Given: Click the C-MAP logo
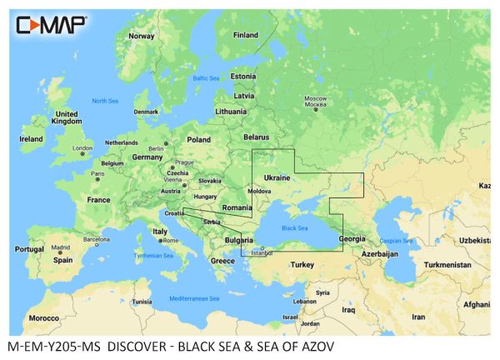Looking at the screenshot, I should click(x=51, y=24).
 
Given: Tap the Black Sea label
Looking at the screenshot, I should click(x=293, y=227).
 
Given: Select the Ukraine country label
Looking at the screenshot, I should click(x=277, y=177).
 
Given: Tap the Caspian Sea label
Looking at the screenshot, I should click(x=397, y=241).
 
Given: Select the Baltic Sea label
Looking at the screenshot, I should click(x=205, y=78).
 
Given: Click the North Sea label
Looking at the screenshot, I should click(x=105, y=101).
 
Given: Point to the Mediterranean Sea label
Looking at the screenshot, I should click(x=193, y=297).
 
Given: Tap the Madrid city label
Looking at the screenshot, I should click(x=60, y=247).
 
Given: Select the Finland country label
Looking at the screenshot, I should click(x=245, y=35).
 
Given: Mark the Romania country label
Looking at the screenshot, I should click(x=237, y=207).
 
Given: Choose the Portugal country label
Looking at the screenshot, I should click(x=29, y=249).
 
